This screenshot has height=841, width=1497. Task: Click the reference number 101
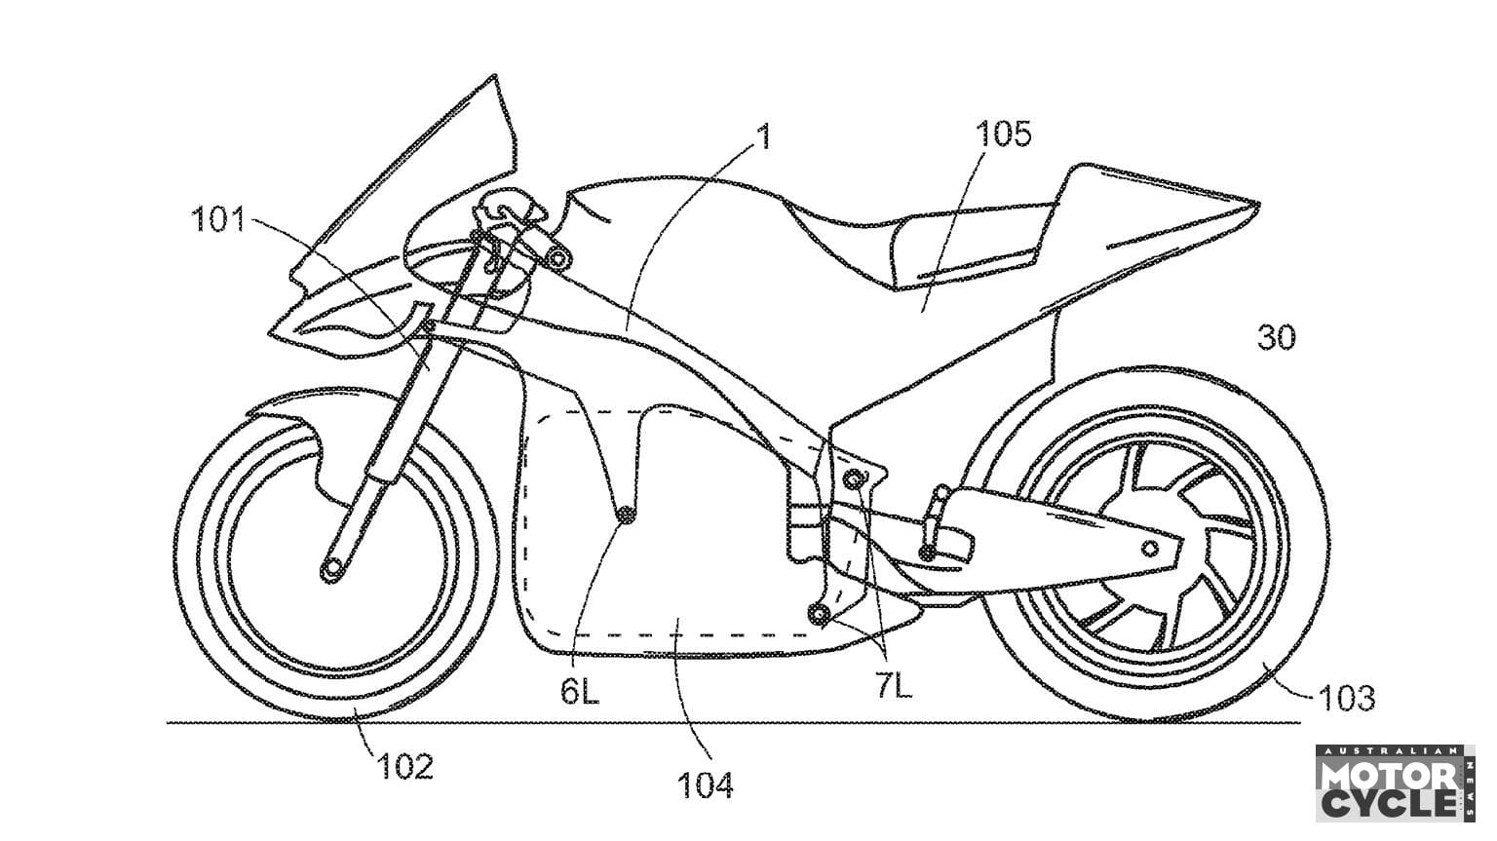pos(218,221)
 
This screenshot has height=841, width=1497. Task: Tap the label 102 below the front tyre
pos(405,767)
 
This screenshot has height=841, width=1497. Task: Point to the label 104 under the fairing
pos(705,785)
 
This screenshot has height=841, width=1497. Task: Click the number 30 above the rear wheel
pos(1276,338)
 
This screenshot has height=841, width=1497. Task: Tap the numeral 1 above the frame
pos(764,137)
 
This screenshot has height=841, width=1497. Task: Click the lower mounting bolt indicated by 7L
pos(819,613)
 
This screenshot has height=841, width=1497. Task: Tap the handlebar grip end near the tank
pos(558,256)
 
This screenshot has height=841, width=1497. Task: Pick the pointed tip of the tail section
pos(1257,205)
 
